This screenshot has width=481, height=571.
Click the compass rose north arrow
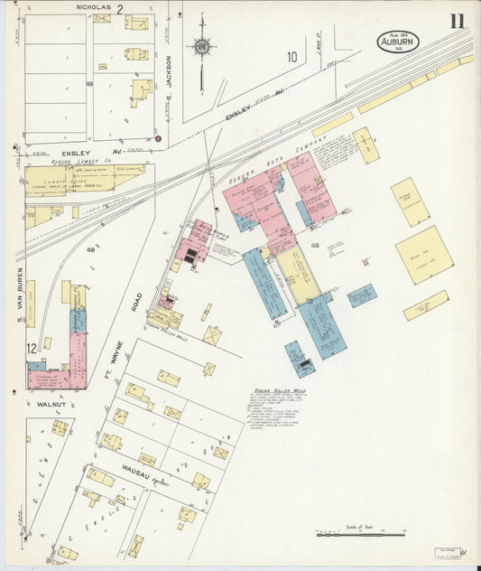[x=202, y=45]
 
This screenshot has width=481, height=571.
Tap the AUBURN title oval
[x=397, y=41]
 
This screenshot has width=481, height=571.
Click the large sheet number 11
[x=458, y=21]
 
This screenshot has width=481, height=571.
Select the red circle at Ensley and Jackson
[x=158, y=139]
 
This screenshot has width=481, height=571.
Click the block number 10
[x=291, y=57]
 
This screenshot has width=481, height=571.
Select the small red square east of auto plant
[x=365, y=262]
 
